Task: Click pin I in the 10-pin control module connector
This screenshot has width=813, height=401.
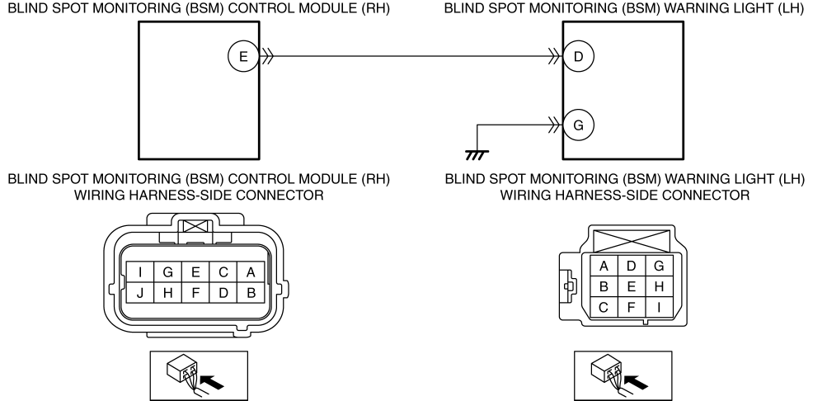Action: [140, 272]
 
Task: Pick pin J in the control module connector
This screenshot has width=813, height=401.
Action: [140, 293]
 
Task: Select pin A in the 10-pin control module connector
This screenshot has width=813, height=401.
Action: [251, 272]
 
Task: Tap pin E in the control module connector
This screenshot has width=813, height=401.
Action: [195, 272]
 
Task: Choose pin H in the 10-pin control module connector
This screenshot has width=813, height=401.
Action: [168, 293]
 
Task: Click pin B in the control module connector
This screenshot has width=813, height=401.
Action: [251, 293]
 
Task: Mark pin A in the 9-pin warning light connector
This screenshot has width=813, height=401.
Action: [604, 267]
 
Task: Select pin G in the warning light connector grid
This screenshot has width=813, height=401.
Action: [659, 267]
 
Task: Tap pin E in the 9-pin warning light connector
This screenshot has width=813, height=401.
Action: [631, 286]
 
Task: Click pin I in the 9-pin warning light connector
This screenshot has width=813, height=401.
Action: [659, 307]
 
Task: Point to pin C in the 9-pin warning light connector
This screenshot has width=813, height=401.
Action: [604, 307]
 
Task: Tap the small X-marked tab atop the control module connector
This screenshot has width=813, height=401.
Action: [195, 226]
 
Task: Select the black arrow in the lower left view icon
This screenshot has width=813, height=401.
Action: [213, 383]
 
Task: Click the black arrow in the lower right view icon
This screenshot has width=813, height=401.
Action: [637, 383]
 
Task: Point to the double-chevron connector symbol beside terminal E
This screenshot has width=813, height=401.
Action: [267, 56]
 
